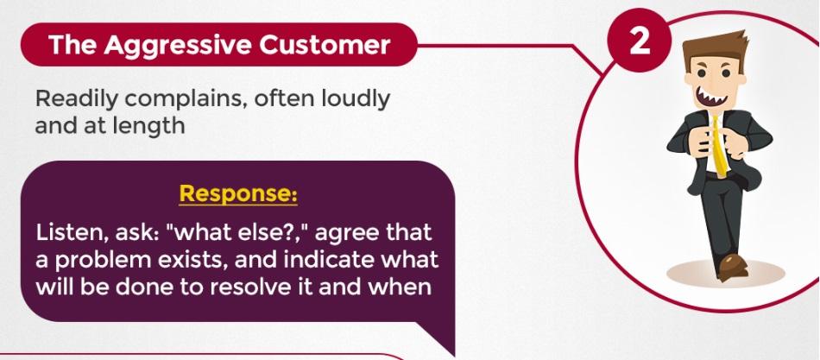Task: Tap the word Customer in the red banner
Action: (325, 45)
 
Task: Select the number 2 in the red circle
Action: (640, 41)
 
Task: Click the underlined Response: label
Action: (238, 194)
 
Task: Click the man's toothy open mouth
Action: (714, 97)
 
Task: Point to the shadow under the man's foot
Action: (725, 275)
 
